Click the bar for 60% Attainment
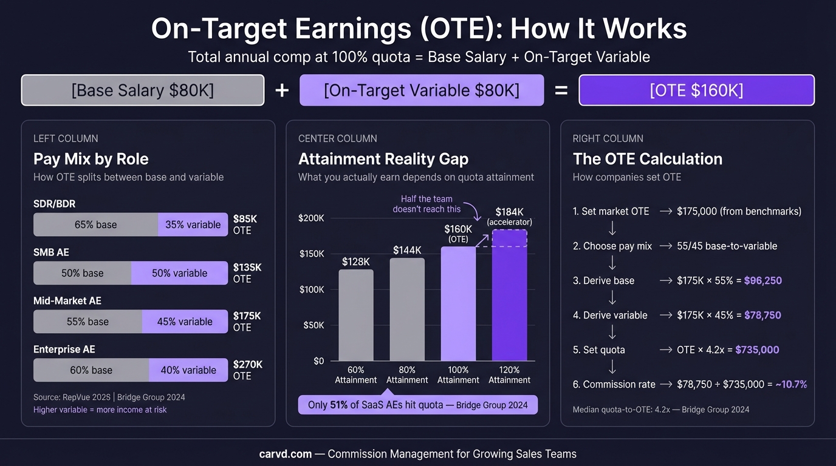tap(356, 315)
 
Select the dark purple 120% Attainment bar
tap(509, 295)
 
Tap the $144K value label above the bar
tap(407, 250)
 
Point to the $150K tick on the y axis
tap(312, 254)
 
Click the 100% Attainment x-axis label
tap(458, 374)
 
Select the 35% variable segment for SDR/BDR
tap(193, 225)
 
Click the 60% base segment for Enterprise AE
tap(91, 370)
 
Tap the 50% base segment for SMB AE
tap(83, 273)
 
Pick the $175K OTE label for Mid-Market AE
tap(247, 322)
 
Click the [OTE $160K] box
tap(696, 90)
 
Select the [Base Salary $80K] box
tap(143, 90)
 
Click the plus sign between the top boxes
tap(282, 90)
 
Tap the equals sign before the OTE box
tap(561, 90)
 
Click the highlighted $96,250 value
tap(763, 280)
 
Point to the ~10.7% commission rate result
tap(791, 384)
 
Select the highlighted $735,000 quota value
tap(757, 349)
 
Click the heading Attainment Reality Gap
tap(383, 159)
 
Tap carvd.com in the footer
tap(286, 454)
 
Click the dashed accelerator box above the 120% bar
tap(509, 238)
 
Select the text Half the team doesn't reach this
tap(427, 204)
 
